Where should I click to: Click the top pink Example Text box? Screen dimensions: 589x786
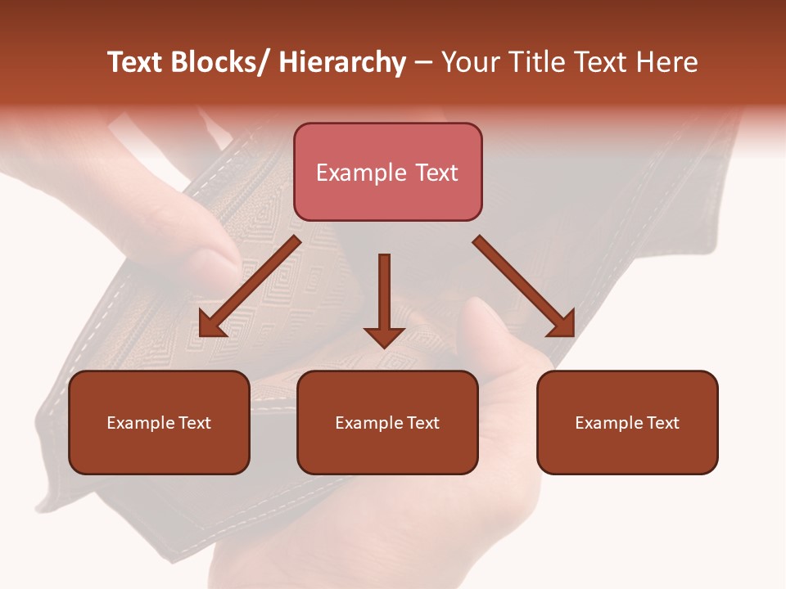pos(387,172)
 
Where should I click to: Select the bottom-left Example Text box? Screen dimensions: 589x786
pos(159,422)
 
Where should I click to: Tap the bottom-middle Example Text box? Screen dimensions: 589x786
pos(387,422)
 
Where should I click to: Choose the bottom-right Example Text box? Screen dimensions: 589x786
pos(627,422)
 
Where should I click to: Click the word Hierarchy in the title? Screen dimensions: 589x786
pos(342,62)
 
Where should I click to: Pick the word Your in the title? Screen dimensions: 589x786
pos(471,62)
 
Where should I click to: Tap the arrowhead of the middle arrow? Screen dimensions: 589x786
pos(384,336)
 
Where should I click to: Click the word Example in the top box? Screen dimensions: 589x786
pos(361,173)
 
